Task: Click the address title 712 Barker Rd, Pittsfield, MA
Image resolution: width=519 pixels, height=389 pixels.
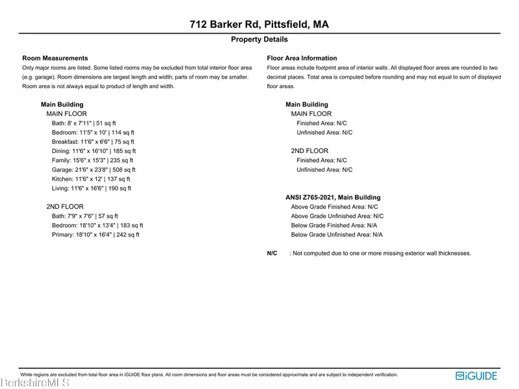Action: (259, 25)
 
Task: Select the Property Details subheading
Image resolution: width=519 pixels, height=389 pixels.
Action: (259, 40)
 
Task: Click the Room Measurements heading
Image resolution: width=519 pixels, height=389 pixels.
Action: (55, 58)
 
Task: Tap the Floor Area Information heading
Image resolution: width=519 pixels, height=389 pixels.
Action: (302, 58)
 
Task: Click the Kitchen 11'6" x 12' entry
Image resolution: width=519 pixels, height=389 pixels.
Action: (91, 179)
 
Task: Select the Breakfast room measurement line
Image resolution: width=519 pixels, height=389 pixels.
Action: (93, 142)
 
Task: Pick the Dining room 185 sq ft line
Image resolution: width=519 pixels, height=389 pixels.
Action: (94, 151)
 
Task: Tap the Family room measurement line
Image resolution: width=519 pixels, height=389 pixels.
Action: (92, 160)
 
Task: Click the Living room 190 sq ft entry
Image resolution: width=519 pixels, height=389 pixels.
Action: (91, 189)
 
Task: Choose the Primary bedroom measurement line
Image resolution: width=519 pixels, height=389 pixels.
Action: (95, 235)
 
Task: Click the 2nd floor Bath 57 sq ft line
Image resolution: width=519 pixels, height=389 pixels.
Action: (85, 217)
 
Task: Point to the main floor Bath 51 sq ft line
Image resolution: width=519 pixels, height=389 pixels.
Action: (84, 123)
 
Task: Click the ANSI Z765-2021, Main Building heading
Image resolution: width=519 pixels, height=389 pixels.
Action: (333, 198)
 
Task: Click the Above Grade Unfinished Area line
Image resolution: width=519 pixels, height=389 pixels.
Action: (337, 217)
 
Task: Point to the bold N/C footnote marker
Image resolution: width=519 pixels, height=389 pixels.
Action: (272, 253)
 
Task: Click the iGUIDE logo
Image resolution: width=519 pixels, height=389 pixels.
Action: (477, 375)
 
